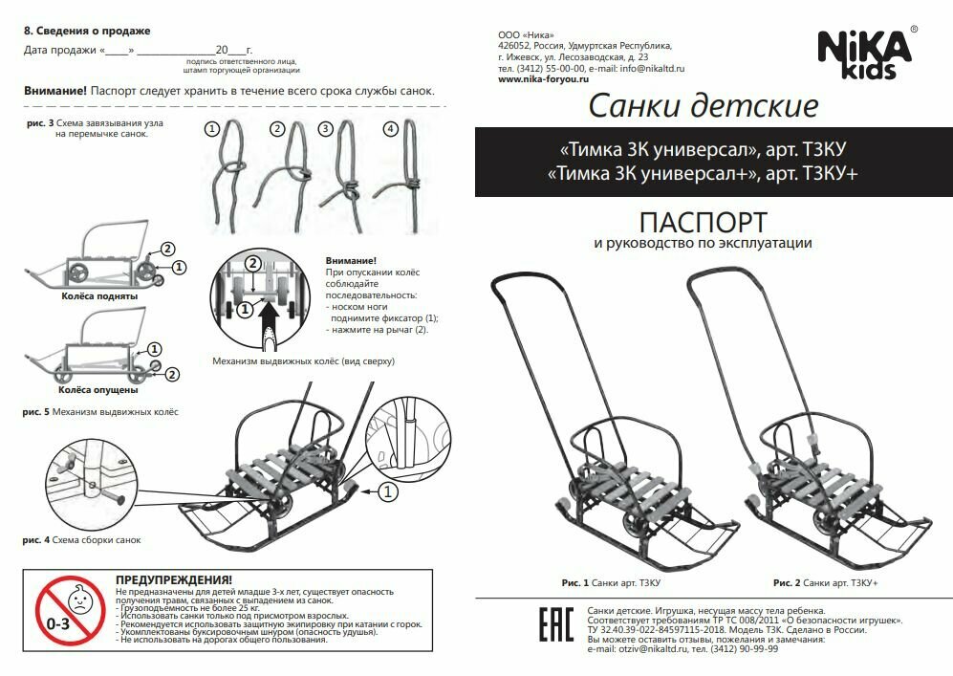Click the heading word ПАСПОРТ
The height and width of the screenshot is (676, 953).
click(x=703, y=222)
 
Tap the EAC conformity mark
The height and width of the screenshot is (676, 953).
click(x=551, y=626)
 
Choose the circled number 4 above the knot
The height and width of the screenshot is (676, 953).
click(x=390, y=128)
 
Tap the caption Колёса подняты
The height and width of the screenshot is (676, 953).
click(x=98, y=296)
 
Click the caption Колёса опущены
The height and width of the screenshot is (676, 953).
click(x=98, y=390)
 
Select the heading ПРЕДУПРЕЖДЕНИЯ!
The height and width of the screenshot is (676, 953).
click(x=173, y=580)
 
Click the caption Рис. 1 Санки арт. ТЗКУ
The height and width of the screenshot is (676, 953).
click(x=612, y=581)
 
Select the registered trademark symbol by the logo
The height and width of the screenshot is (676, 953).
click(x=914, y=31)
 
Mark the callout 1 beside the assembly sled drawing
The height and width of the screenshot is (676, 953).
click(x=388, y=492)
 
